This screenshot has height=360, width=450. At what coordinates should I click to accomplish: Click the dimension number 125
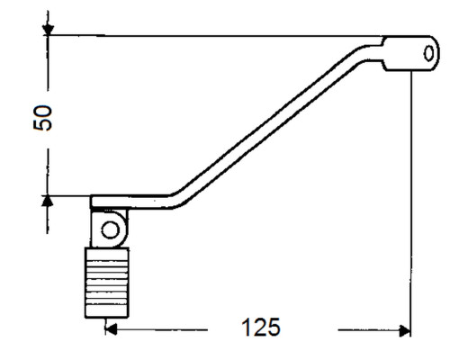pyautogui.click(x=261, y=327)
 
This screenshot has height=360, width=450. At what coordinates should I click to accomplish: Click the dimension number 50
pyautogui.click(x=42, y=118)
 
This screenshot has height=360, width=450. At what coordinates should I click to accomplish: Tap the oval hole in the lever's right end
pyautogui.click(x=428, y=54)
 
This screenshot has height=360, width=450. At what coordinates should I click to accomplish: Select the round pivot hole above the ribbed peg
pyautogui.click(x=111, y=230)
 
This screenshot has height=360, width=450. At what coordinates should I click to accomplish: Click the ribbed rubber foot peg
pyautogui.click(x=107, y=283)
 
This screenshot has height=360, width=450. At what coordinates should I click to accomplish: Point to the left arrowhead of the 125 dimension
pyautogui.click(x=112, y=329)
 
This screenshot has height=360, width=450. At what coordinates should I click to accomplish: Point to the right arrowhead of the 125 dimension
pyautogui.click(x=405, y=330)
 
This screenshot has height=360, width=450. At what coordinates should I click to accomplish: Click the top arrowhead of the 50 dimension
pyautogui.click(x=48, y=30)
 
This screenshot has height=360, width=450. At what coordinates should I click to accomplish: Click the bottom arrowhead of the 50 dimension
pyautogui.click(x=48, y=201)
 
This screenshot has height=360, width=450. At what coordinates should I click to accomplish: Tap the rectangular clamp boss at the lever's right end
pyautogui.click(x=411, y=53)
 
